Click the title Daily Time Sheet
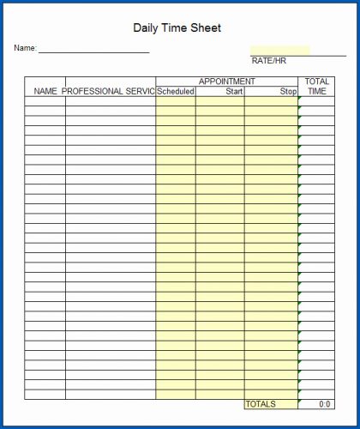click(177, 28)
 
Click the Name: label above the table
click(25, 48)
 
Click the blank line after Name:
click(93, 50)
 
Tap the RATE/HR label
click(268, 61)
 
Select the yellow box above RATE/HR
click(279, 50)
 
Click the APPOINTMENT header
click(226, 82)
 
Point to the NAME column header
click(45, 91)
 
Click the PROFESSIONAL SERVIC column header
click(109, 91)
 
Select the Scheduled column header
click(176, 91)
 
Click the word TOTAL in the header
click(317, 82)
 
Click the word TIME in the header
click(317, 91)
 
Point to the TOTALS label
click(261, 404)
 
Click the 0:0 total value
click(324, 404)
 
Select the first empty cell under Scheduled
click(176, 100)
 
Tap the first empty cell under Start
click(220, 100)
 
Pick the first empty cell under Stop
click(271, 100)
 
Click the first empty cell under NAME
click(45, 100)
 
